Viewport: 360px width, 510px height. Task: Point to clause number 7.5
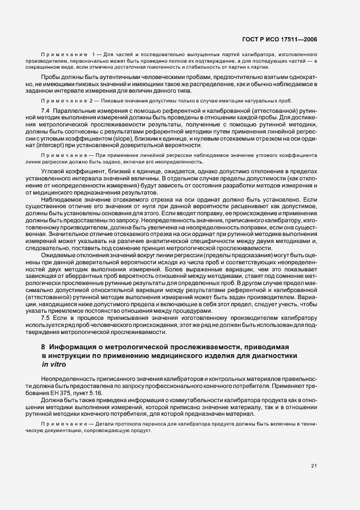coord(46,317)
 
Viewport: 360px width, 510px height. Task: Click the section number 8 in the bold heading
coord(44,347)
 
